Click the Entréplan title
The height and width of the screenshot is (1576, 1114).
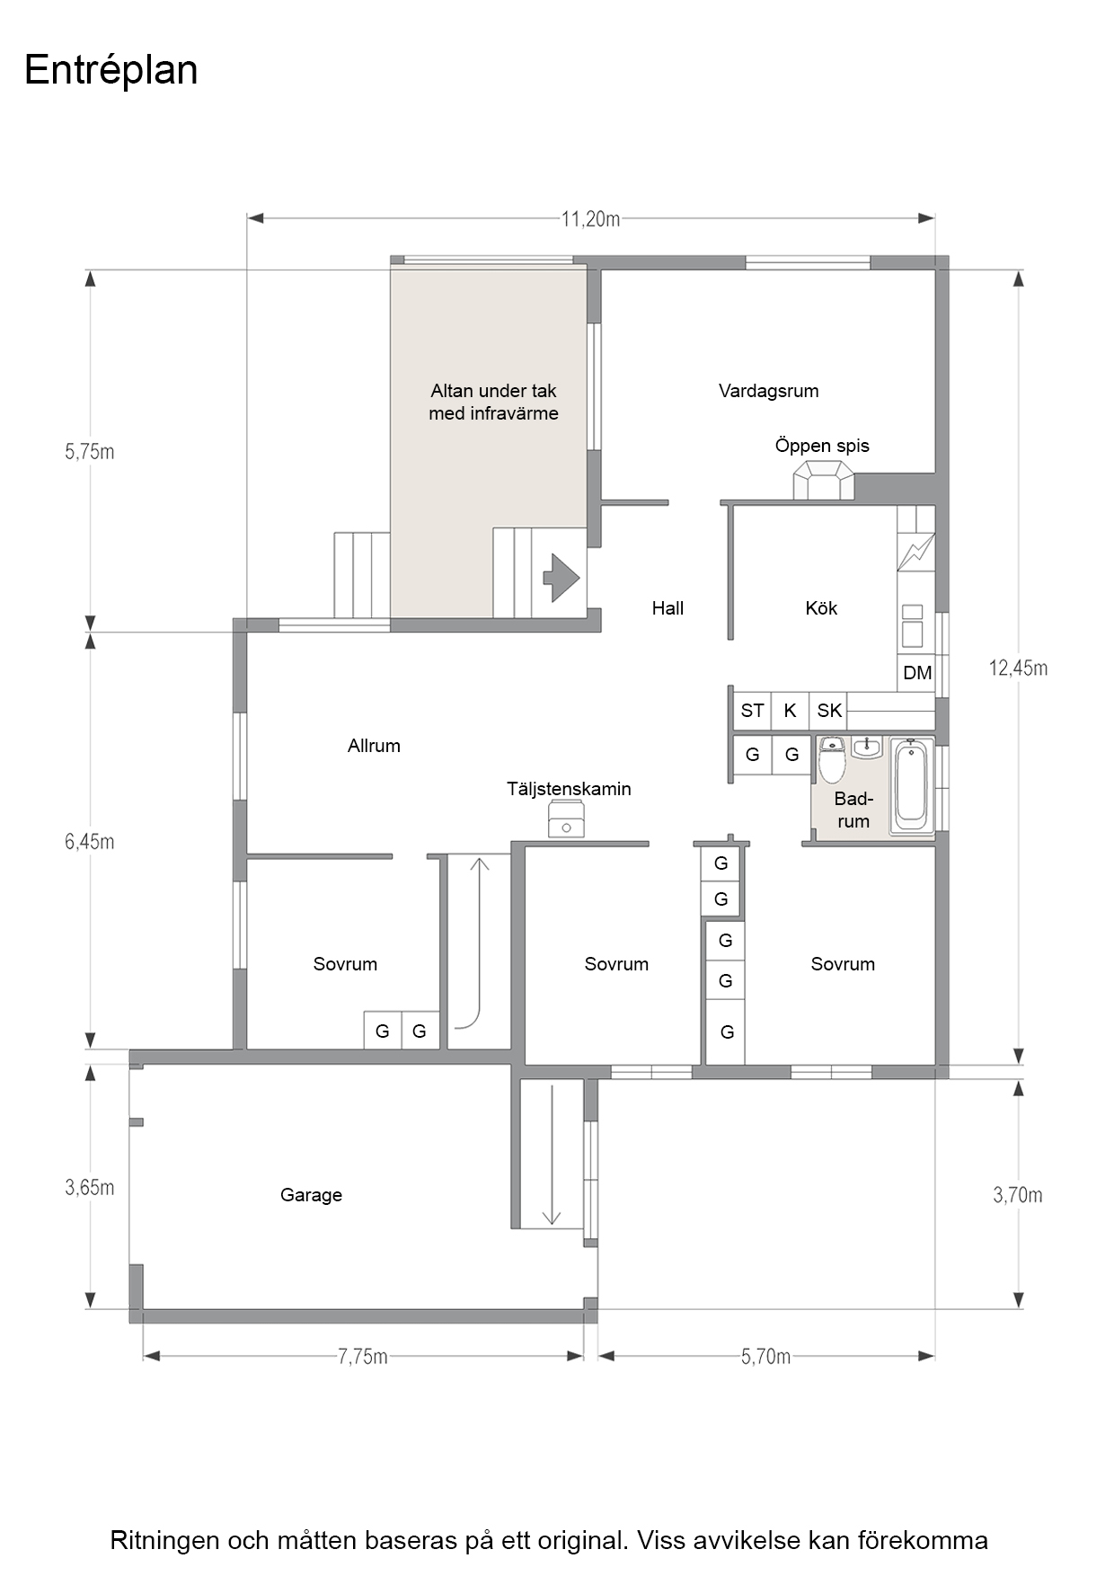pyautogui.click(x=111, y=70)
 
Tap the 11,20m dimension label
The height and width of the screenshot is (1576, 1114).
pyautogui.click(x=590, y=218)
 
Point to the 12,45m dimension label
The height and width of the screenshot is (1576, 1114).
pyautogui.click(x=1018, y=668)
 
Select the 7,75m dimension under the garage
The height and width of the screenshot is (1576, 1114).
pyautogui.click(x=363, y=1356)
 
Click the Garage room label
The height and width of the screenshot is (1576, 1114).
pyautogui.click(x=311, y=1195)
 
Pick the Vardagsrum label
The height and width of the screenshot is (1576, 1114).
pyautogui.click(x=768, y=391)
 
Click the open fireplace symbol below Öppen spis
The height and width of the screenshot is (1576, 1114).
pyautogui.click(x=823, y=481)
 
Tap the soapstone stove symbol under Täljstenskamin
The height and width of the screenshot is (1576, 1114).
pyautogui.click(x=566, y=819)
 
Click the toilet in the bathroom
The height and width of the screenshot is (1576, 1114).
pyautogui.click(x=832, y=760)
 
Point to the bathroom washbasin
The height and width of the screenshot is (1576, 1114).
pyautogui.click(x=867, y=748)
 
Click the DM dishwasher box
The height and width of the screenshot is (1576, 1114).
pyautogui.click(x=917, y=673)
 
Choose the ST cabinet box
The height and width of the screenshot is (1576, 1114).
pyautogui.click(x=752, y=711)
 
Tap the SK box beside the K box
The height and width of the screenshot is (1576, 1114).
pyautogui.click(x=829, y=711)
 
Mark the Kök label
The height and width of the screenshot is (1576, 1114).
pyautogui.click(x=821, y=608)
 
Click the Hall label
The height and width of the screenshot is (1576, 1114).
pyautogui.click(x=668, y=608)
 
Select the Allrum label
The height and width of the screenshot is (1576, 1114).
pyautogui.click(x=374, y=746)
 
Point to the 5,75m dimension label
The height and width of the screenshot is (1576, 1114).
pyautogui.click(x=90, y=452)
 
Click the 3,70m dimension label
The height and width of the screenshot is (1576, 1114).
pyautogui.click(x=1018, y=1195)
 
